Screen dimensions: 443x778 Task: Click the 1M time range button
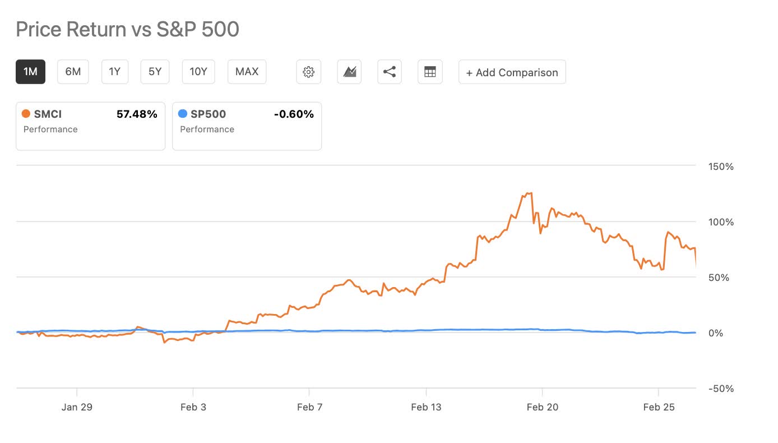30,72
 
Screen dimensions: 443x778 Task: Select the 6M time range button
73,72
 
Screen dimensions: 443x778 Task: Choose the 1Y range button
115,72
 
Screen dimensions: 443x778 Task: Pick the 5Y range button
155,72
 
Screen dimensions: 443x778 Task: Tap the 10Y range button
198,72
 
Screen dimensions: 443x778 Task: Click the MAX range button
247,72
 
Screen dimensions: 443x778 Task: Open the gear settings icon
308,72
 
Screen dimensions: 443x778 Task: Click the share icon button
389,72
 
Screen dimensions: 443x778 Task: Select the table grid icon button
430,72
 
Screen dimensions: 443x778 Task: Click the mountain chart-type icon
349,72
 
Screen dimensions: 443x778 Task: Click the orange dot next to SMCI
26,114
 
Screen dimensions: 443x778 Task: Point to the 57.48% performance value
137,114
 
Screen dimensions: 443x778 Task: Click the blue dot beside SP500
182,114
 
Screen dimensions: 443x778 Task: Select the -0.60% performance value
294,114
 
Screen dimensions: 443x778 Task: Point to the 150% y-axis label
721,167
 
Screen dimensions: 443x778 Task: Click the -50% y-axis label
721,389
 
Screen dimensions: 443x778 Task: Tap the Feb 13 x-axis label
427,407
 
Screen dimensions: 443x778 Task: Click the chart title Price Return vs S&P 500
127,29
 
